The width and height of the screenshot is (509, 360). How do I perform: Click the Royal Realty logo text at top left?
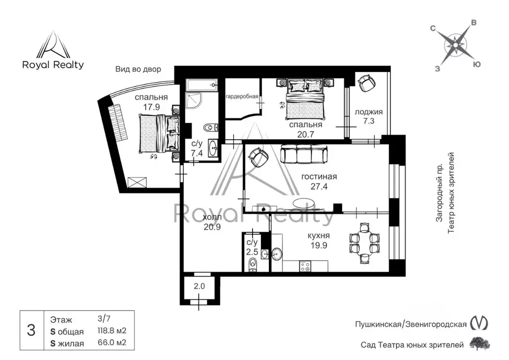[53, 65]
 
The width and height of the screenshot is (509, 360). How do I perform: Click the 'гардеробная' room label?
[242, 96]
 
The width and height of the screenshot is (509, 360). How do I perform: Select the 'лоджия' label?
[368, 112]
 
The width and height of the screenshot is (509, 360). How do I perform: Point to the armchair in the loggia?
[367, 82]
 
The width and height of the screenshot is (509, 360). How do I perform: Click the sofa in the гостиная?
[304, 154]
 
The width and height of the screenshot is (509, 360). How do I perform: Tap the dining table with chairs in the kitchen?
[364, 244]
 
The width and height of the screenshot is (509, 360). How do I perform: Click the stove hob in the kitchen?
[305, 266]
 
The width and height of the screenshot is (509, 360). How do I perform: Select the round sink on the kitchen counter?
[277, 254]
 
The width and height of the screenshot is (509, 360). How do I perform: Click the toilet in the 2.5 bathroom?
[252, 265]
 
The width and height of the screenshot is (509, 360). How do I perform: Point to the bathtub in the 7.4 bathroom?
[202, 85]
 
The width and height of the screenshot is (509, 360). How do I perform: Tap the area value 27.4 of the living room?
[319, 186]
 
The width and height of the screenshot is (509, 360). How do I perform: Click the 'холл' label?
[212, 217]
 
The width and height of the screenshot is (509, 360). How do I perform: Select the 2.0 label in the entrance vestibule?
[199, 286]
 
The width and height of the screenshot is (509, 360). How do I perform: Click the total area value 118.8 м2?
[112, 331]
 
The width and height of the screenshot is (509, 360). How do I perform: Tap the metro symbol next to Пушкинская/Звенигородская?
[479, 323]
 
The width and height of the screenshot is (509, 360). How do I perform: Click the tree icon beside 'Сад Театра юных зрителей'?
[480, 344]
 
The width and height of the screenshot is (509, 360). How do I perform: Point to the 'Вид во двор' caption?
[138, 69]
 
